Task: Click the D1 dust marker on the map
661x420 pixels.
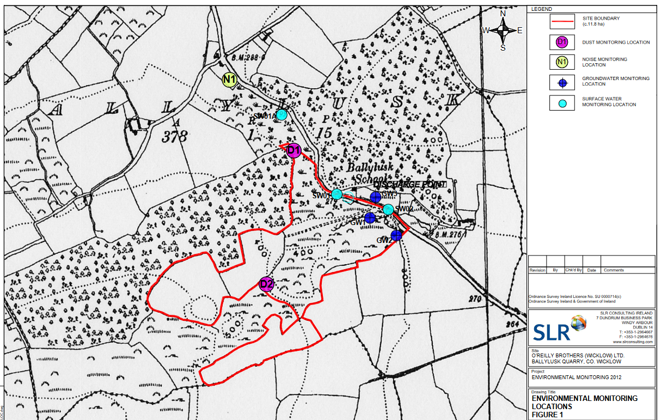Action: tap(294, 150)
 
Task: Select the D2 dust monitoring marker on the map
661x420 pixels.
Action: tap(266, 284)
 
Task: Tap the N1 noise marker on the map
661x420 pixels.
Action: tap(230, 80)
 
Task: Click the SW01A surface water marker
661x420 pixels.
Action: tap(281, 115)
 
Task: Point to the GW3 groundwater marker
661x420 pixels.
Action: tap(376, 197)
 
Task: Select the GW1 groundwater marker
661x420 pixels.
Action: tap(370, 217)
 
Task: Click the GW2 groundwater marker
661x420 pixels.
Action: tap(396, 235)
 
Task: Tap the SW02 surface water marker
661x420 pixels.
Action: tap(388, 209)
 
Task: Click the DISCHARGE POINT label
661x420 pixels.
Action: tap(409, 185)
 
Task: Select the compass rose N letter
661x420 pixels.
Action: tap(503, 14)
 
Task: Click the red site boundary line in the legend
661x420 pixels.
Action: tap(562, 22)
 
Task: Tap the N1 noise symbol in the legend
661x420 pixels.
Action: tap(562, 62)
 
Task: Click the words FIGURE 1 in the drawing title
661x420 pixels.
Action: tap(548, 415)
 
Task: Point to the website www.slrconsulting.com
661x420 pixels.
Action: tap(633, 342)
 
